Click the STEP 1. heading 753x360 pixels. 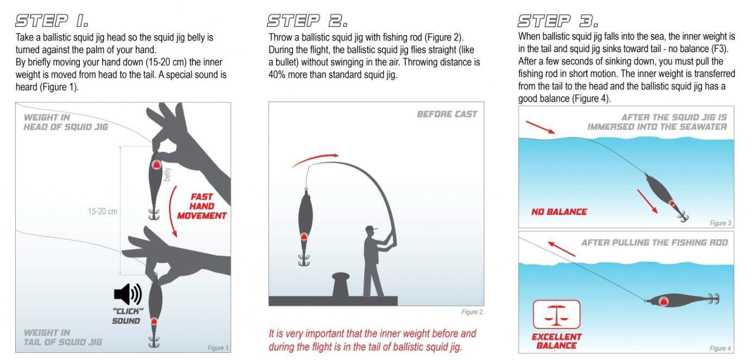click(x=52, y=21)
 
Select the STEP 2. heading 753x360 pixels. click(x=308, y=21)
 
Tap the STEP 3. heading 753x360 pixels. click(x=558, y=21)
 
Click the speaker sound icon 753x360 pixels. click(x=128, y=294)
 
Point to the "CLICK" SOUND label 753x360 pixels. click(x=127, y=316)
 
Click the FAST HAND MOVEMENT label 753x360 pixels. click(x=202, y=206)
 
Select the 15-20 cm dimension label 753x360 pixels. click(x=103, y=211)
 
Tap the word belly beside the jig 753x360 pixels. click(x=167, y=174)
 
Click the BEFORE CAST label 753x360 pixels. click(x=447, y=114)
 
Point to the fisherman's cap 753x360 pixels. click(x=371, y=229)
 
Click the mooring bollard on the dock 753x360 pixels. click(x=343, y=284)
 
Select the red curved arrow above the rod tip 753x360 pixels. click(x=315, y=159)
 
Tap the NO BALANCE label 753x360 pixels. click(x=559, y=212)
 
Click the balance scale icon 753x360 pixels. click(x=557, y=314)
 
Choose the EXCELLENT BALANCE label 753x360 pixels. click(x=557, y=341)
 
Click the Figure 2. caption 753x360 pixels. click(x=473, y=312)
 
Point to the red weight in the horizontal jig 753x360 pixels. click(x=663, y=301)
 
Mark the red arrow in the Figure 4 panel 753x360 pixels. click(x=561, y=249)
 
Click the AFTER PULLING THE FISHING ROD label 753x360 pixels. click(x=655, y=243)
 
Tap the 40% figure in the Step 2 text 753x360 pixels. click(x=277, y=74)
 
